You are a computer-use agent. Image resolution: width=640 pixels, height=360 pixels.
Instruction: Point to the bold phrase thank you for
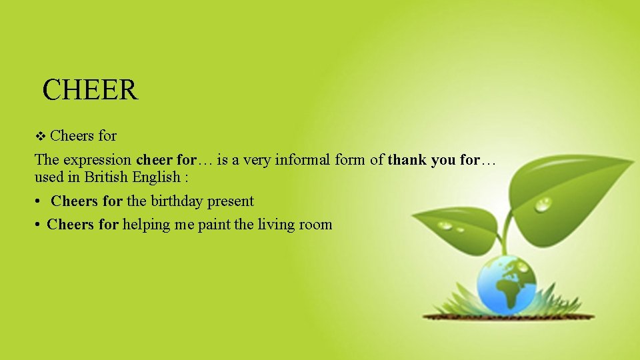[433, 160]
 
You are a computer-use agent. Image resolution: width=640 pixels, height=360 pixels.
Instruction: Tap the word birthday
[179, 201]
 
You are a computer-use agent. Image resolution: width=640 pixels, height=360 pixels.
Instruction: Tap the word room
[316, 225]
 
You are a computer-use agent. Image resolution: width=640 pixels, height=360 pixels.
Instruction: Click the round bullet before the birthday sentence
[39, 201]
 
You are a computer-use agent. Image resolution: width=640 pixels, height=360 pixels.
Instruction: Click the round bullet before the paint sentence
[39, 225]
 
